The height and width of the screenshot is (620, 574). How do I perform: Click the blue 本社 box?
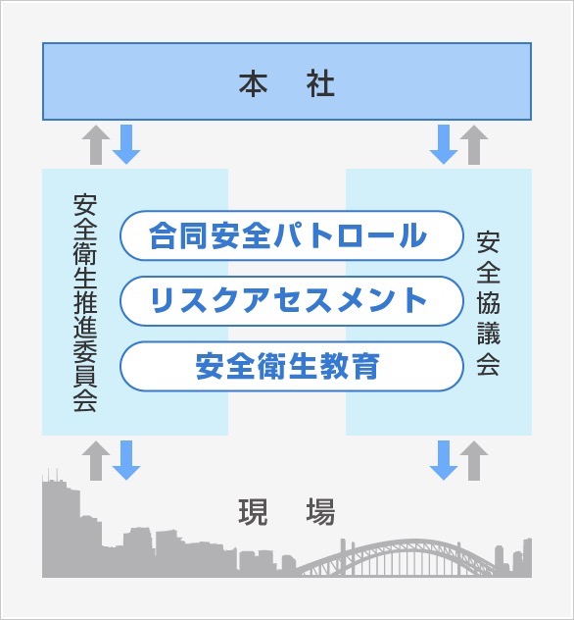[287, 81]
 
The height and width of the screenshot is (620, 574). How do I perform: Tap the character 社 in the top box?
[320, 83]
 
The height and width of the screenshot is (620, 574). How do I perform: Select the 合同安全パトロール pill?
[291, 235]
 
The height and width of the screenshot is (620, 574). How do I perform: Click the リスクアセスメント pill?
[291, 301]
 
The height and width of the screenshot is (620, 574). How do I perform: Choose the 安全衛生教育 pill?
[291, 366]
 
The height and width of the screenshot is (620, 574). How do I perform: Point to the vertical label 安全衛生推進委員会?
[85, 302]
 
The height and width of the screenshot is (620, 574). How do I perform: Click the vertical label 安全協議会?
[489, 303]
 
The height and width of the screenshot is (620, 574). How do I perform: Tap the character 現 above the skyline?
[253, 512]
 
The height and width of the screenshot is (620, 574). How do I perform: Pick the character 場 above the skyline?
[320, 512]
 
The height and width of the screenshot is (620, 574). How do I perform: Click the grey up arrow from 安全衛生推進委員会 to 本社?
[96, 145]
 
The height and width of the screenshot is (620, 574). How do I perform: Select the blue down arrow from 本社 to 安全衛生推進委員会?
[126, 145]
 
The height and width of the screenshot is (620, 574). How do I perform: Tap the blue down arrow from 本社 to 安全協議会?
[444, 145]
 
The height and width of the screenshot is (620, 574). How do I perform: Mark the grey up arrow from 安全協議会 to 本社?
[474, 145]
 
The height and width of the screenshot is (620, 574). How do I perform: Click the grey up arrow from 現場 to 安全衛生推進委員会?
[96, 461]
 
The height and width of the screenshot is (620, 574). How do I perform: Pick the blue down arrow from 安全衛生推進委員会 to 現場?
[126, 461]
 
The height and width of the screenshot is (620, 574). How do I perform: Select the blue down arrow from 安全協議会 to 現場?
[444, 461]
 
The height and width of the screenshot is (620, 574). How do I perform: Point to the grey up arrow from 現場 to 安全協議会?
[474, 461]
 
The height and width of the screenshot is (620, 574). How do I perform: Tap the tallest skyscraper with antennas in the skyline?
[53, 526]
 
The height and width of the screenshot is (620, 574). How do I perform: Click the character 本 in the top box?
[253, 83]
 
